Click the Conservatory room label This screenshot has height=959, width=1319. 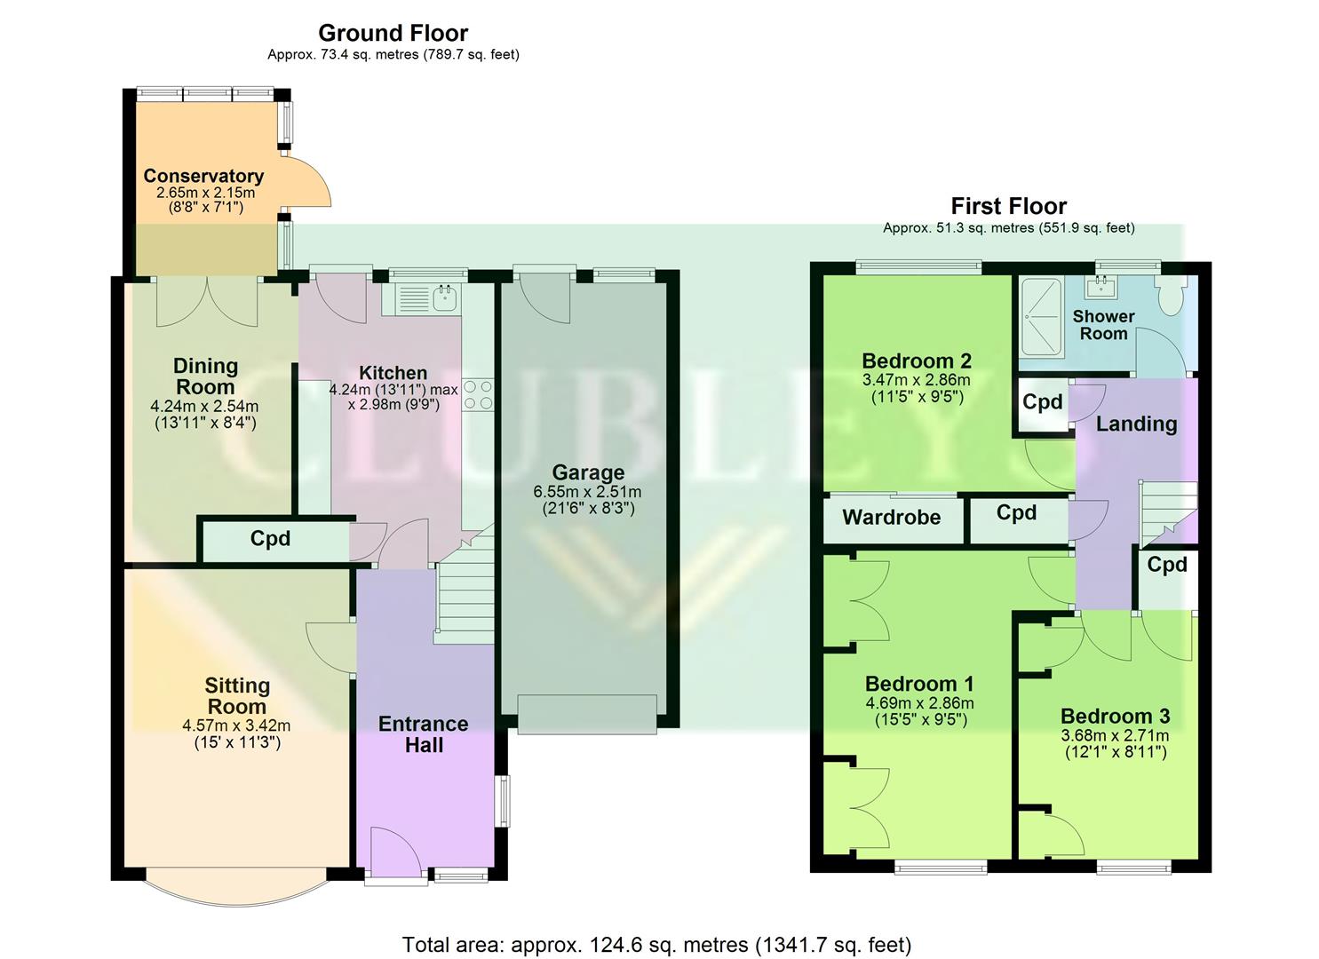coord(203,176)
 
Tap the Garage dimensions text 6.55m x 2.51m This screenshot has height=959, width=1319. coord(587,491)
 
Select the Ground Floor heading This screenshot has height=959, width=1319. coord(393,33)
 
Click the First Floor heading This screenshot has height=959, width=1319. coord(1008,206)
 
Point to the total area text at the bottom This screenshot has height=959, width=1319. coord(656,944)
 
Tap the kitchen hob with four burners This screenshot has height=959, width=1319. coord(478,395)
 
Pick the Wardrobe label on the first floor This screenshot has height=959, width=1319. coord(891,518)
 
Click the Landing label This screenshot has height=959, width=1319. coord(1136,424)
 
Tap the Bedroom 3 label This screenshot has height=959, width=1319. coord(1115,716)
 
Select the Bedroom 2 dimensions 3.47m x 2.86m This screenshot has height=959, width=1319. coord(916,379)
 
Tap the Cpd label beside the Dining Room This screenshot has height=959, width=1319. coord(270,539)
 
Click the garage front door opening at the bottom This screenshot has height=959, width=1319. coord(587,714)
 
